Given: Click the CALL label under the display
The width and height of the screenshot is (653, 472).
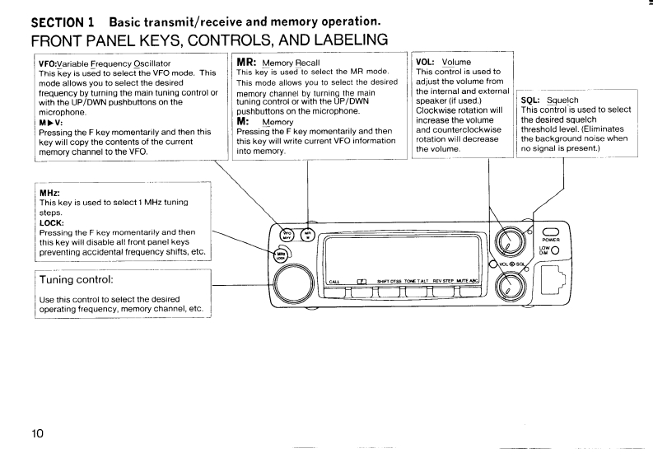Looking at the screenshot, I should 334,282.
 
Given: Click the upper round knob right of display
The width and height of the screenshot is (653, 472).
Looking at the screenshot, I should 510,240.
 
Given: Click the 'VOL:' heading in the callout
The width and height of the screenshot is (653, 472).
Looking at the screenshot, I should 427,62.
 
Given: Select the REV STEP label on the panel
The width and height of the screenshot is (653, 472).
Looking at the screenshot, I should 445,282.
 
